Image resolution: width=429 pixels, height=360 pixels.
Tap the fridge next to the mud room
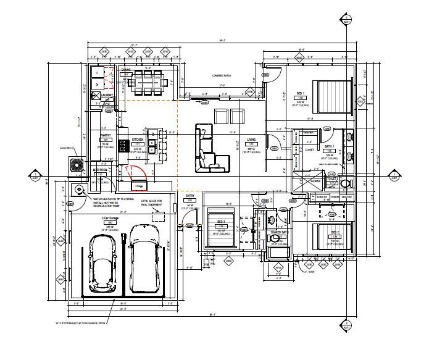click(x=139, y=182)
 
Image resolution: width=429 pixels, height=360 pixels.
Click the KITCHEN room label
click(x=138, y=140)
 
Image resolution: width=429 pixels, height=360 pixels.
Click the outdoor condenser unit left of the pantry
click(x=77, y=165)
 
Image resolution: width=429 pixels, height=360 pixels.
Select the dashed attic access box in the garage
click(x=158, y=215)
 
